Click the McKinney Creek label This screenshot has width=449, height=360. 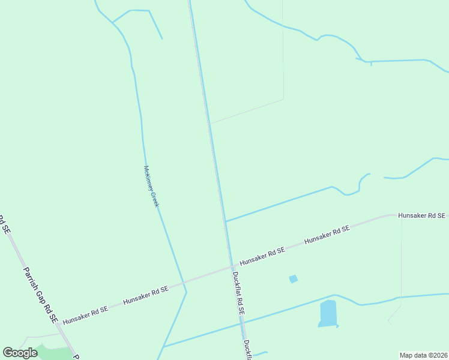click(151, 187)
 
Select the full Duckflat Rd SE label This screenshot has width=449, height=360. click(239, 294)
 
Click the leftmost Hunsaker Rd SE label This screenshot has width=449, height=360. click(85, 312)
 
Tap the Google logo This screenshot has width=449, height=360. click(20, 352)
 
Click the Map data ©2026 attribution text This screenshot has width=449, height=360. click(424, 355)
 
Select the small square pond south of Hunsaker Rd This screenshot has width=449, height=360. click(293, 278)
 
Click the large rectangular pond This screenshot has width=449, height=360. click(328, 313)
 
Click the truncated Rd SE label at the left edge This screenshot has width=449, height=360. click(3, 224)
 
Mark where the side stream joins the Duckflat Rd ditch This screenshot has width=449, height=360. click(225, 221)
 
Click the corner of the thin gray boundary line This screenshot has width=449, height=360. click(283, 99)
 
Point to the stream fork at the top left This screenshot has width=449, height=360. click(112, 23)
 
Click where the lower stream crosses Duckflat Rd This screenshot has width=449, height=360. click(243, 323)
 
